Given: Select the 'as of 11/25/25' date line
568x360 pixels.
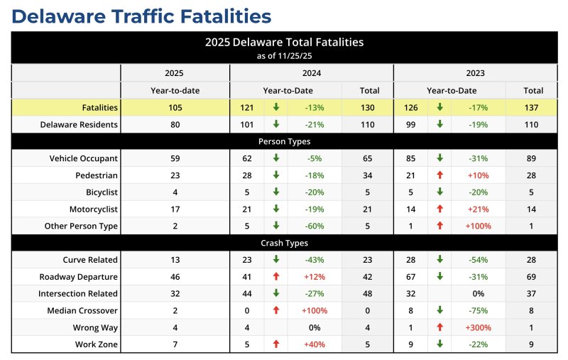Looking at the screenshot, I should (284, 55).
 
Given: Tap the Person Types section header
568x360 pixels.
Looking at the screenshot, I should (284, 141).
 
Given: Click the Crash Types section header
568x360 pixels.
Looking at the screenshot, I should (284, 243).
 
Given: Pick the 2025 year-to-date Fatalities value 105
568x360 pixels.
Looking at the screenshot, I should (175, 107).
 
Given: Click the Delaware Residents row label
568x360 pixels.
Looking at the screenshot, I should (79, 124).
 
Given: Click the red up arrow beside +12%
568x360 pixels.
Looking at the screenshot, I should (276, 277).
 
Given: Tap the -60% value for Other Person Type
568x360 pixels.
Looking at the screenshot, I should (314, 226).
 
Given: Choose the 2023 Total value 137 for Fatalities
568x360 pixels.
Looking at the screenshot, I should (533, 107).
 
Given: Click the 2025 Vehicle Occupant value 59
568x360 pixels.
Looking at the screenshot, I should (175, 158).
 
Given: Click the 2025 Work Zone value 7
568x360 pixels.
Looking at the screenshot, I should (175, 344).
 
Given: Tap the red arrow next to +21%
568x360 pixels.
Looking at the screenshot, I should (439, 209).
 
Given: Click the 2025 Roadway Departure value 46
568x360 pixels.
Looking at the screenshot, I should (175, 277).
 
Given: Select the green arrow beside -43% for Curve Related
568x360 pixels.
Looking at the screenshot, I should (276, 260).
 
